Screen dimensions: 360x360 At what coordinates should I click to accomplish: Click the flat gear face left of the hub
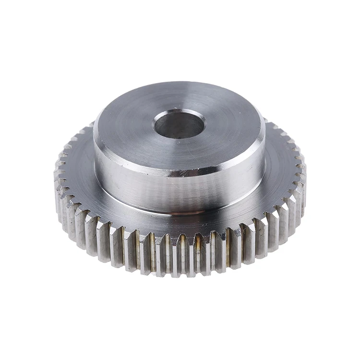tap(77, 173)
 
